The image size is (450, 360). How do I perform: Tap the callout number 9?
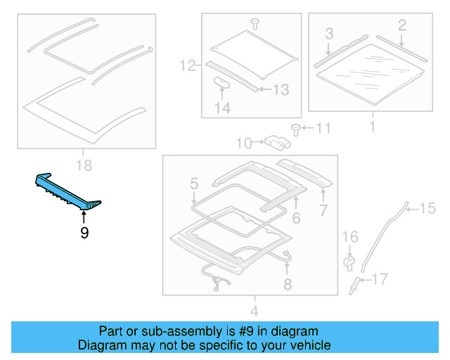coord(84,233)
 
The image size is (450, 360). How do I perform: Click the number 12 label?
coord(187,67)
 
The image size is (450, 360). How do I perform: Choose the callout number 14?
coord(222,108)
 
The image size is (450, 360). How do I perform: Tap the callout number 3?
coord(328,33)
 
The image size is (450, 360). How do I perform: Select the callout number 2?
coord(401,26)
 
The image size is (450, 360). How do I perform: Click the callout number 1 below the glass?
coord(372,127)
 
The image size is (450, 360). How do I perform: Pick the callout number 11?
coord(322,128)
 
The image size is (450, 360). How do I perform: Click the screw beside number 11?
coord(296,128)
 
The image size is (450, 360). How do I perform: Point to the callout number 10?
coord(243,144)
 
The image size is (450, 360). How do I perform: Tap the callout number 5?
coord(193,185)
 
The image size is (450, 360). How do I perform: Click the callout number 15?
coord(428,207)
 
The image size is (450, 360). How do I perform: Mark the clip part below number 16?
coord(349,262)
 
